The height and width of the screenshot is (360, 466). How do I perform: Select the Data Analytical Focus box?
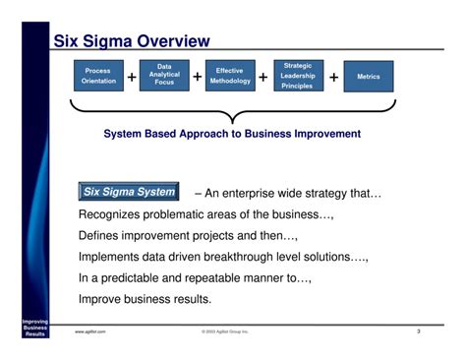click(x=164, y=75)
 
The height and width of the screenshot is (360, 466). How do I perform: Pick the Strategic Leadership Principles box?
click(x=297, y=75)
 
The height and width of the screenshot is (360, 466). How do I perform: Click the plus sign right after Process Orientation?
click(x=131, y=77)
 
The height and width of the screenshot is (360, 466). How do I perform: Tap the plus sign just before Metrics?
click(x=333, y=77)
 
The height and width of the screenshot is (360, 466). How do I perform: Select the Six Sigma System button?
click(x=129, y=192)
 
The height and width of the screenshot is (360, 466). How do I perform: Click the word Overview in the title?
click(x=173, y=40)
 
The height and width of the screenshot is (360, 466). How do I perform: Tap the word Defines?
click(x=103, y=236)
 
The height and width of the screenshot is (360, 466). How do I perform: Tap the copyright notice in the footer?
click(x=225, y=332)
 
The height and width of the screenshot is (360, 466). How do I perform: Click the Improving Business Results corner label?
click(x=23, y=329)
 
